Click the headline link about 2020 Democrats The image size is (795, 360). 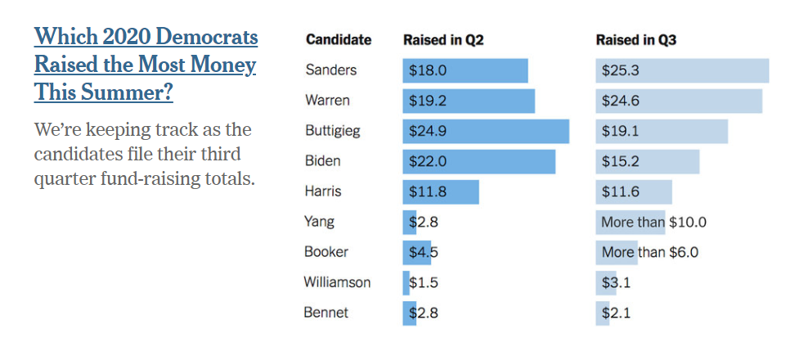coord(146,64)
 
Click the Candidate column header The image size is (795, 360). coord(338,39)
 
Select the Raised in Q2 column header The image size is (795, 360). coord(443,39)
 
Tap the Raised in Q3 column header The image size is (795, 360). coord(636,39)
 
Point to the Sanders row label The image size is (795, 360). coord(330,70)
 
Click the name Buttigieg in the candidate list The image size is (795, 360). coord(332,131)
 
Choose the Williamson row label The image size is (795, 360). coord(337,282)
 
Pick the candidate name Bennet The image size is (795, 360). coord(326,313)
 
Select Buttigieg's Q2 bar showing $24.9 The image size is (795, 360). coord(486,131)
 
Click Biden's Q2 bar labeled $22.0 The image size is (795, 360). coord(478,161)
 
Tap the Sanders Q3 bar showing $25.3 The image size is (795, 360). coord(682,70)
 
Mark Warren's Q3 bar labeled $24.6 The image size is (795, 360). coord(679,101)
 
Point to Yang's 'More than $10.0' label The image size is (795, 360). coord(654,222)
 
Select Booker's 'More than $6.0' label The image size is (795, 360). coord(649,252)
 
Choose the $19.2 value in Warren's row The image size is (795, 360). coord(428,101)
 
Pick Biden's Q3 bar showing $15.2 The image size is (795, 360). coord(647,161)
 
